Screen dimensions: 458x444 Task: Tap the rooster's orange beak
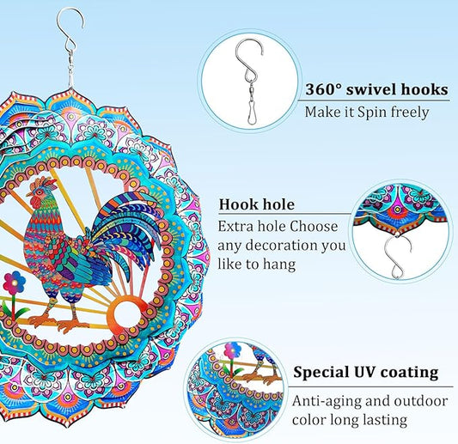(29, 194)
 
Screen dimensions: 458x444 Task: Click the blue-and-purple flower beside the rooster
(14, 283)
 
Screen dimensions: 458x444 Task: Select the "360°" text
(323, 89)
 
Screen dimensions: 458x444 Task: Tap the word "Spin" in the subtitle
(373, 113)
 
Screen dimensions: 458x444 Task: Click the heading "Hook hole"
(257, 204)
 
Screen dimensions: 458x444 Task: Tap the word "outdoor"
(421, 401)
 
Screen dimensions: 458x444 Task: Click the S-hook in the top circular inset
(250, 60)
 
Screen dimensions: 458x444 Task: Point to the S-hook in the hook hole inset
(398, 257)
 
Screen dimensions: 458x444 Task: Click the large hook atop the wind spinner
(70, 27)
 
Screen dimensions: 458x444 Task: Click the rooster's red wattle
(36, 202)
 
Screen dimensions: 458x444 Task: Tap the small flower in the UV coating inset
(233, 350)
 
